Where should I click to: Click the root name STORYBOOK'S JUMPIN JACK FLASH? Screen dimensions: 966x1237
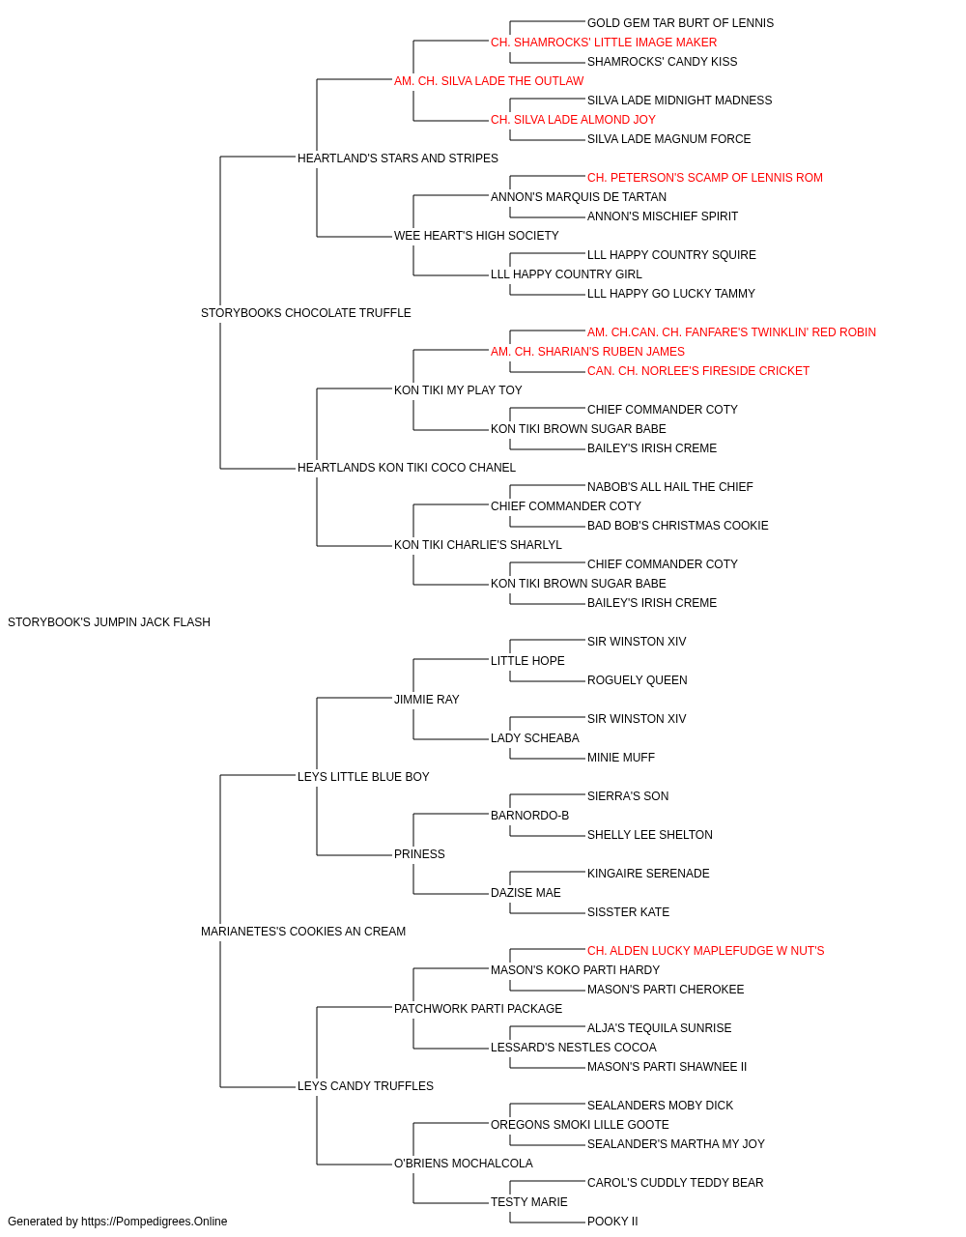click(x=108, y=622)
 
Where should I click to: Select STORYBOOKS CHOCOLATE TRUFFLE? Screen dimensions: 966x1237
click(x=305, y=313)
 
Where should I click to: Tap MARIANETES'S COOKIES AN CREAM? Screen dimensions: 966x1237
click(x=303, y=932)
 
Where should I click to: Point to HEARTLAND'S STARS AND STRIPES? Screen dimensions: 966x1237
click(x=398, y=158)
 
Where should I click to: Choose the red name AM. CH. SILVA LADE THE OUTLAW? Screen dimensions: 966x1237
click(x=489, y=81)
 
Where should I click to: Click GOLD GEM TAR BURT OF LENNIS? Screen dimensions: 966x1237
click(x=680, y=23)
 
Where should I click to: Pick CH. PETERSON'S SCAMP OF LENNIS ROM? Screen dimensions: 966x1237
click(x=705, y=178)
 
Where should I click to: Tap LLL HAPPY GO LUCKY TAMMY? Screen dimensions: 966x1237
click(x=671, y=294)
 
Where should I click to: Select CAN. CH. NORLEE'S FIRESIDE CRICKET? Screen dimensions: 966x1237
click(x=698, y=371)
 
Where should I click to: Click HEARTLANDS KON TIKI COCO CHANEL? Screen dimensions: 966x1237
click(x=406, y=468)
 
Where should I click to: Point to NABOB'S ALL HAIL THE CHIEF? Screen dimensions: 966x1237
click(x=670, y=487)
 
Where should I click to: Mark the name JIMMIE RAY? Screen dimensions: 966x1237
click(x=426, y=700)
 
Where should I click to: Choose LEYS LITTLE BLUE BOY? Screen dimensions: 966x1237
click(x=363, y=777)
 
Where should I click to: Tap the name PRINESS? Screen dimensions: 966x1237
click(x=419, y=854)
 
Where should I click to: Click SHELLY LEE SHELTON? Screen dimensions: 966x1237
click(x=650, y=835)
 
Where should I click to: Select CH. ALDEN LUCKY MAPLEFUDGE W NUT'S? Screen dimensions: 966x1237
click(x=705, y=951)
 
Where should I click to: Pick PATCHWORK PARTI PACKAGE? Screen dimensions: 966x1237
click(x=478, y=1009)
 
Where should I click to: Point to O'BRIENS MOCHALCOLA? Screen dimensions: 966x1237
click(x=463, y=1164)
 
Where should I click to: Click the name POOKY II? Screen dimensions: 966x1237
click(x=612, y=1222)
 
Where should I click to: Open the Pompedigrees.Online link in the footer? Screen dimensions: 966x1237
click(x=154, y=1222)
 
